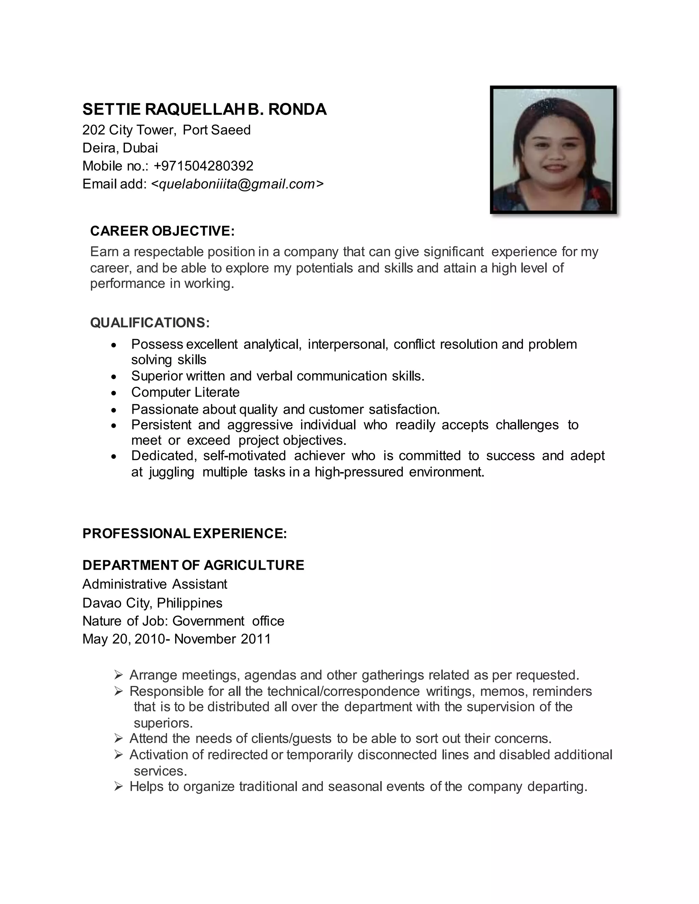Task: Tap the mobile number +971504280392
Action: click(x=203, y=166)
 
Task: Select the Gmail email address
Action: click(x=237, y=184)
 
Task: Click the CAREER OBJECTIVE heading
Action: click(x=162, y=231)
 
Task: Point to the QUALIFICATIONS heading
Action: click(x=150, y=322)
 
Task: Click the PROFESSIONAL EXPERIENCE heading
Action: click(x=184, y=534)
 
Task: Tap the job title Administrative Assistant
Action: click(x=155, y=584)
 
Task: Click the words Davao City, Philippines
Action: click(x=152, y=603)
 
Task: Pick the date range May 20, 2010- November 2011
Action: click(x=176, y=639)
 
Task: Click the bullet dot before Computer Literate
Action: click(x=114, y=393)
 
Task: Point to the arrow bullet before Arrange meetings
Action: click(x=118, y=675)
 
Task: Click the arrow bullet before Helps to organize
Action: click(x=118, y=786)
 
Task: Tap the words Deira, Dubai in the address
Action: click(x=120, y=148)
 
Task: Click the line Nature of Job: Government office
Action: click(x=183, y=621)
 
